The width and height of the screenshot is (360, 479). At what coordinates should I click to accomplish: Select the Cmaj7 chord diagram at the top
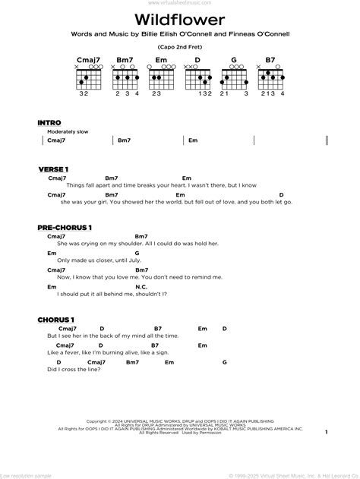click(84, 77)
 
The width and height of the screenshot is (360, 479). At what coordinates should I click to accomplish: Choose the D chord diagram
click(198, 77)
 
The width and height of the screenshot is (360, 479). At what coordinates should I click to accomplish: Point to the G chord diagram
click(235, 77)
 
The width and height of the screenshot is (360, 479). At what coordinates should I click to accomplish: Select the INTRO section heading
click(49, 122)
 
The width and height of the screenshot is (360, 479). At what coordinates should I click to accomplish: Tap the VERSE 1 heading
click(52, 168)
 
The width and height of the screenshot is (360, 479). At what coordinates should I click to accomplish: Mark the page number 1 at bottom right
click(324, 432)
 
